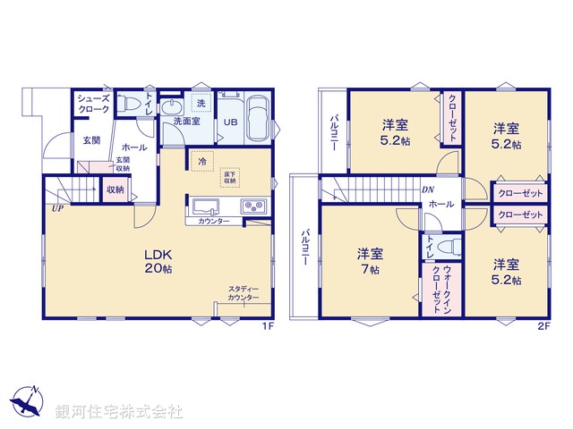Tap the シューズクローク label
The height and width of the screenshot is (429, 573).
pos(92,104)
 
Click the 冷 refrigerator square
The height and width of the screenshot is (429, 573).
pos(201,163)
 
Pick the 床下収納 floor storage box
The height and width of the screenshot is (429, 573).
pos(229,176)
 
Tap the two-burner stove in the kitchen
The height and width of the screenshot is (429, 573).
pos(254,206)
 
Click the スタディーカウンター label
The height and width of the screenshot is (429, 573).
pos(244,293)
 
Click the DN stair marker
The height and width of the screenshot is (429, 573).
pos(430,190)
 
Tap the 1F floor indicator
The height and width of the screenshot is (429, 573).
pos(266,326)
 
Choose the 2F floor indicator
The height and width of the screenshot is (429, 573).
pos(543,326)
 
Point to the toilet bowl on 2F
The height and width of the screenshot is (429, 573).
pos(449,245)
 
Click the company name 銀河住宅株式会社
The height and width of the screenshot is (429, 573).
pos(119,412)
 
